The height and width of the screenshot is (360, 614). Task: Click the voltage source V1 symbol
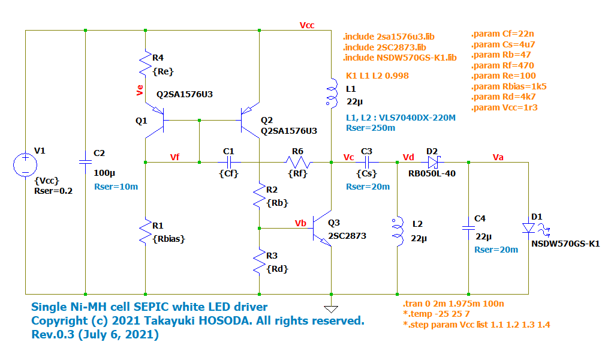click(x=25, y=165)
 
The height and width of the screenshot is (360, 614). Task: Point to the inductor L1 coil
click(x=331, y=93)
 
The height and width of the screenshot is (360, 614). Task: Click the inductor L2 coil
click(x=397, y=231)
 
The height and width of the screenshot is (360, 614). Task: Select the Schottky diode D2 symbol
click(x=434, y=162)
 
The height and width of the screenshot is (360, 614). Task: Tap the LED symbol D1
click(x=529, y=228)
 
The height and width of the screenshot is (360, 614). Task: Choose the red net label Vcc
click(x=306, y=25)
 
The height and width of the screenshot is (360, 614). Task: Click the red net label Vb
click(x=301, y=223)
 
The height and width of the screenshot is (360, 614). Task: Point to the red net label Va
click(x=498, y=157)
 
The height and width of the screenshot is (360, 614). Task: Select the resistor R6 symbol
click(x=298, y=162)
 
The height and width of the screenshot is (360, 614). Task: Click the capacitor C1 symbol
click(x=228, y=162)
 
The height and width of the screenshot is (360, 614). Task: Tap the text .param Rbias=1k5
click(x=509, y=86)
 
